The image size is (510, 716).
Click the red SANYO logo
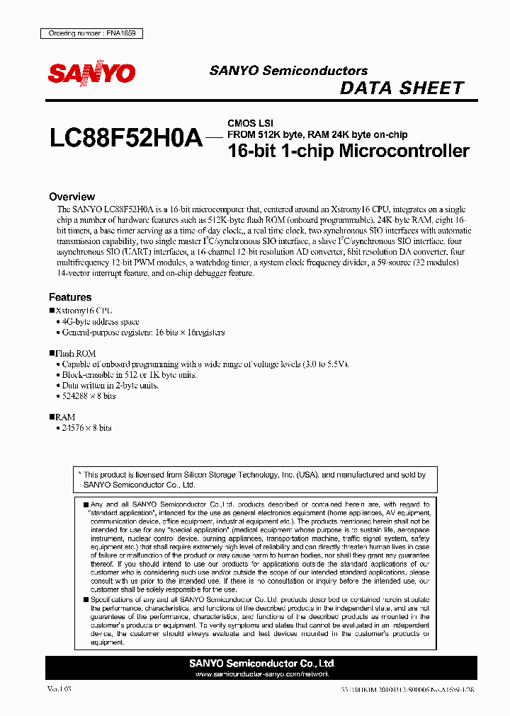(91, 74)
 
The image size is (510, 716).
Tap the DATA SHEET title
(402, 88)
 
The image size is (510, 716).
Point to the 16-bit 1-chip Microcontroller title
(348, 151)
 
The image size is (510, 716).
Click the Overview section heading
(72, 197)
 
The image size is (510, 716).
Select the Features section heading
(70, 297)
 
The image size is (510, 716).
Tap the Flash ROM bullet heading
(75, 353)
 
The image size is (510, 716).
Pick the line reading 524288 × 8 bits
(89, 396)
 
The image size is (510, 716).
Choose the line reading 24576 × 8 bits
(86, 428)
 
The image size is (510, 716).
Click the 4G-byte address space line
(101, 321)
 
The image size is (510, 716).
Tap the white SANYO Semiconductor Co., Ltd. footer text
(262, 664)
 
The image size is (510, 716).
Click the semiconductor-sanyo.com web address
(262, 674)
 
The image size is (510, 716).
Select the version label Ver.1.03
(59, 688)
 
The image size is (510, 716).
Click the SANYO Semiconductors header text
(288, 71)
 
